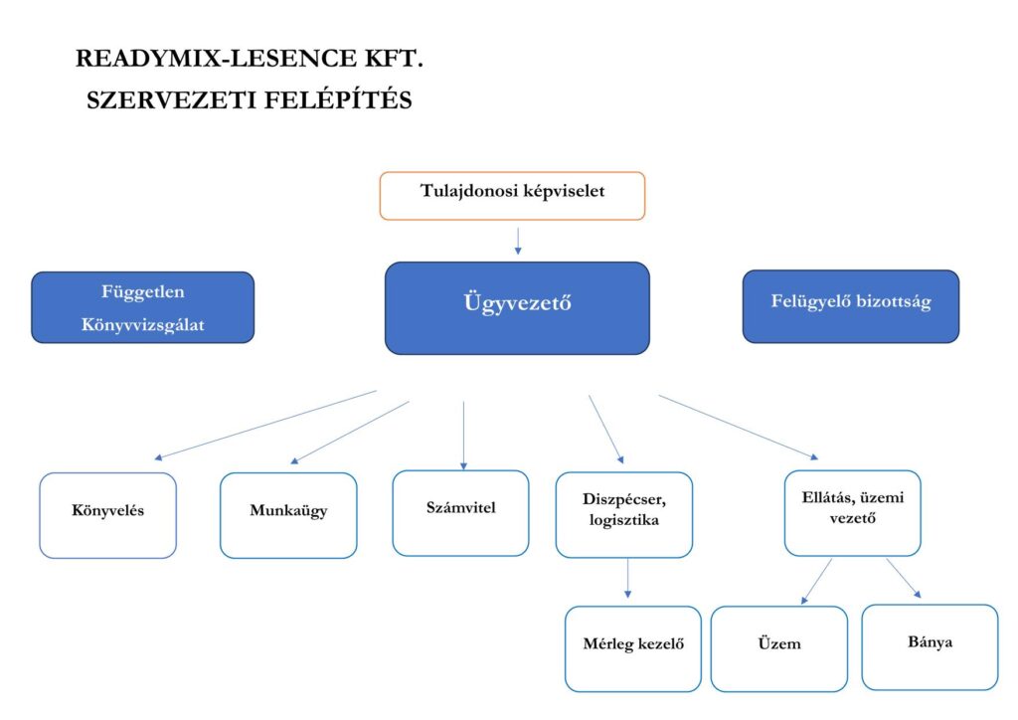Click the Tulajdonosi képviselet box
click(512, 195)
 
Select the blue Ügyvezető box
click(517, 307)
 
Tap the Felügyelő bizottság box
click(850, 306)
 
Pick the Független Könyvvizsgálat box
click(142, 307)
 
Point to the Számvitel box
click(460, 512)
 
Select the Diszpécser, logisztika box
click(623, 513)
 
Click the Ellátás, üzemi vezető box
click(852, 512)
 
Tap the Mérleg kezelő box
click(632, 648)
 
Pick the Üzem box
click(778, 648)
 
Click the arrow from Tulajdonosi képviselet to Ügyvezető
click(518, 241)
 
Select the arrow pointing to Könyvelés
click(265, 425)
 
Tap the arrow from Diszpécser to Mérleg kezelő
click(628, 578)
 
